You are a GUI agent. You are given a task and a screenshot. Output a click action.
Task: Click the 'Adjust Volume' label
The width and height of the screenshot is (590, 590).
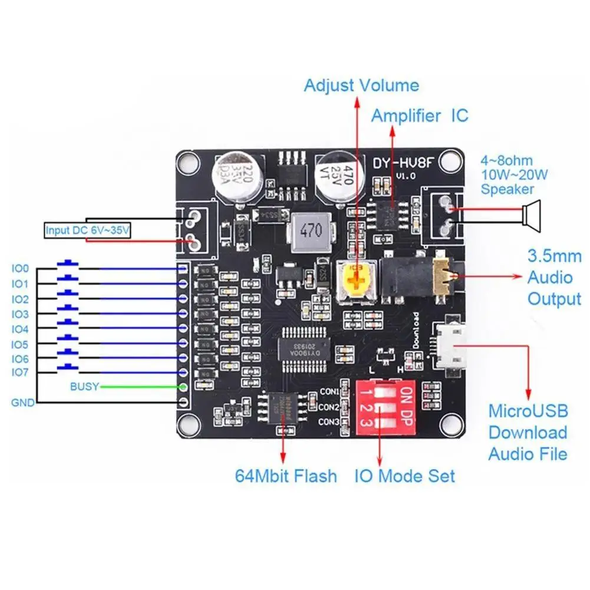361,85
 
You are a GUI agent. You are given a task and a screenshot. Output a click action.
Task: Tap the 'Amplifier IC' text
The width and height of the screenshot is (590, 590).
419,116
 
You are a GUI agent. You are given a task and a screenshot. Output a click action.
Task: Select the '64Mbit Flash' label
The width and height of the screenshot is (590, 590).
286,476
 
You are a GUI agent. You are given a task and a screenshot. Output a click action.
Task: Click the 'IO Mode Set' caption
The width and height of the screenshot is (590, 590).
404,476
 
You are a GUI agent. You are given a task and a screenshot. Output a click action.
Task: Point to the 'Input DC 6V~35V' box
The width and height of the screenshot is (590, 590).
88,230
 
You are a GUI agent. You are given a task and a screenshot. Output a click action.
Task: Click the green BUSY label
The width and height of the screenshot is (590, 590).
85,387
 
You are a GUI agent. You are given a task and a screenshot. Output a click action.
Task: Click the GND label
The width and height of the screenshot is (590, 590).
22,403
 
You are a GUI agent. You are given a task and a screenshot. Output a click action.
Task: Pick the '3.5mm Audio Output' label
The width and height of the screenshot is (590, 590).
554,278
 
